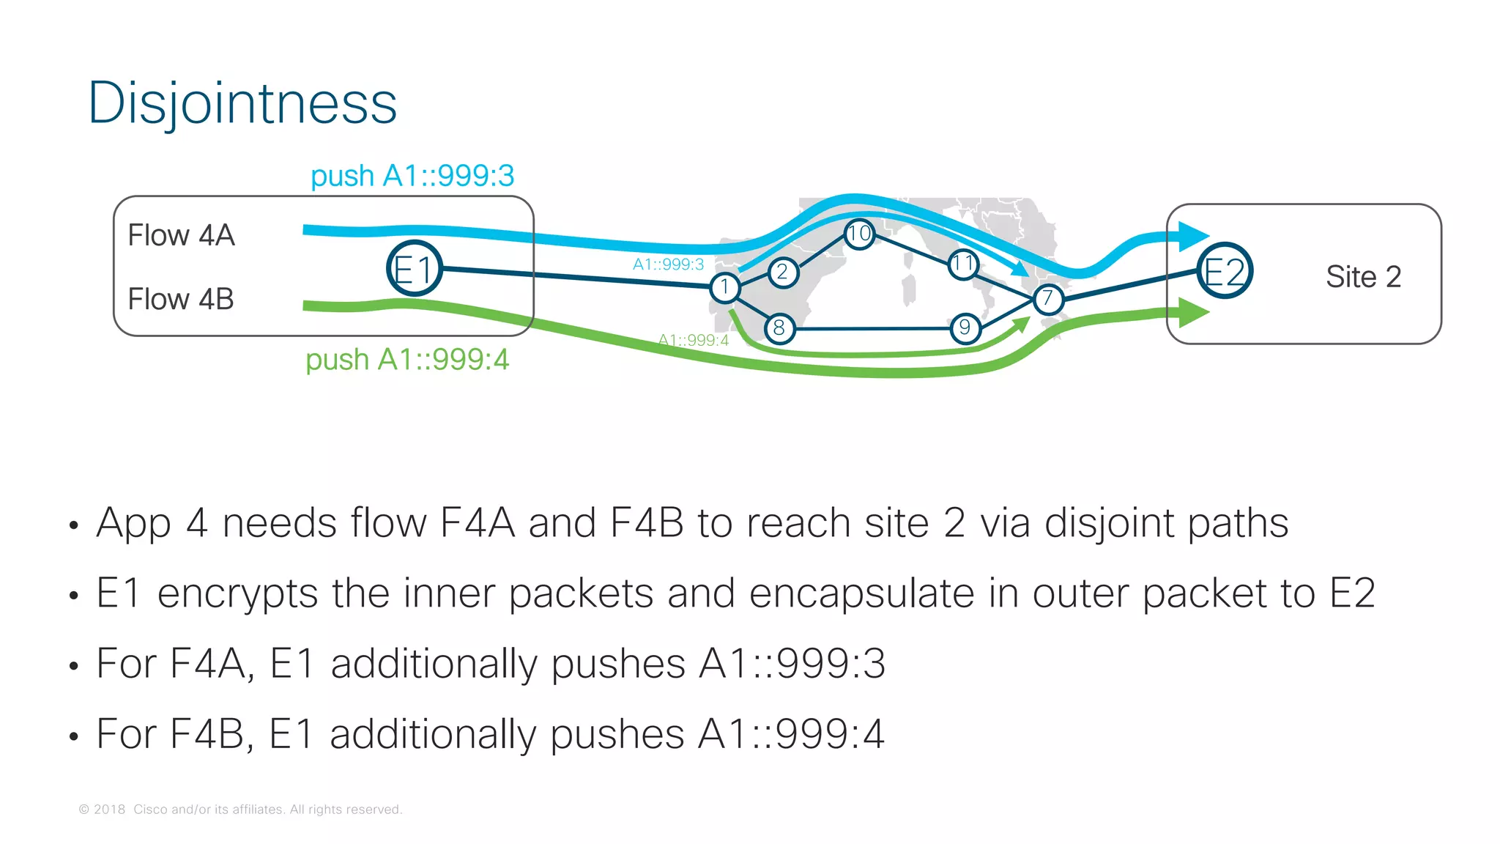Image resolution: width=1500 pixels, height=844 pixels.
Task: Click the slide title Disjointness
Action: click(242, 103)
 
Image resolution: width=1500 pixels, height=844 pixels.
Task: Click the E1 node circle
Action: click(414, 269)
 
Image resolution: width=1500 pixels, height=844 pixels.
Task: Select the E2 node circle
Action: click(1225, 271)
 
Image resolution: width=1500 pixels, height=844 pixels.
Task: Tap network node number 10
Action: click(859, 234)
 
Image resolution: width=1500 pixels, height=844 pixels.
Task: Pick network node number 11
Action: click(962, 264)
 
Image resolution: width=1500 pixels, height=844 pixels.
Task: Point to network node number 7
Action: click(1048, 298)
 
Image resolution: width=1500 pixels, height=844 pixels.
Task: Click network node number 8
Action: click(779, 328)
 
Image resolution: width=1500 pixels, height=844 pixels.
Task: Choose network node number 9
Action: click(965, 327)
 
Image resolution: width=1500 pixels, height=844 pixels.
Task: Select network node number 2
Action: click(783, 273)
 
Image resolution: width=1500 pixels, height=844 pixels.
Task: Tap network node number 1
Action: click(724, 287)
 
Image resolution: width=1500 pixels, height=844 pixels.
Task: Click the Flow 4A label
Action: click(181, 235)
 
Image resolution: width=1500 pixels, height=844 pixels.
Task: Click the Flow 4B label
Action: click(181, 299)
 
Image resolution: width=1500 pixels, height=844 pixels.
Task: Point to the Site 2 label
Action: click(1363, 277)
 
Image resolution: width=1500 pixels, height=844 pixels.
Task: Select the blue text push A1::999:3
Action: click(412, 176)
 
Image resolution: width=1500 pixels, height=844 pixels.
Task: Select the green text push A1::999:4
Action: click(407, 360)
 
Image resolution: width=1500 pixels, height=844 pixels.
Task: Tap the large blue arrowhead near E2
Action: click(1192, 236)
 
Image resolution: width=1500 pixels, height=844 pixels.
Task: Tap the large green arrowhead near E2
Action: click(1192, 313)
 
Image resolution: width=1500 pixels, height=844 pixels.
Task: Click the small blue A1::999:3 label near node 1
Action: click(668, 264)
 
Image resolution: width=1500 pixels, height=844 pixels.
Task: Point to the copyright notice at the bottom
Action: click(240, 810)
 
